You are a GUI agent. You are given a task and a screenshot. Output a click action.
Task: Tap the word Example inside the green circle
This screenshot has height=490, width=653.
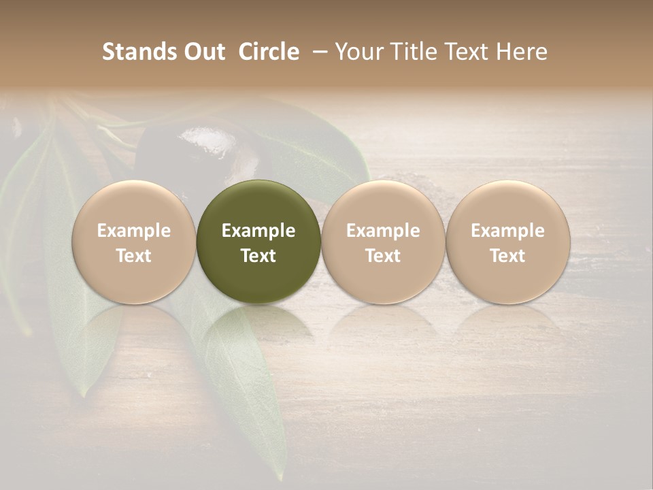[258, 231]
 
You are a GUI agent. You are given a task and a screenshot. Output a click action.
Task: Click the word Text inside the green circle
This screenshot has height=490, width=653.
[258, 256]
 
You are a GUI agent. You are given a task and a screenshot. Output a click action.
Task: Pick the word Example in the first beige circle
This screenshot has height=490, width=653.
[134, 231]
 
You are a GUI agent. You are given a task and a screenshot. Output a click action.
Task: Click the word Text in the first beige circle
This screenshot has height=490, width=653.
[134, 256]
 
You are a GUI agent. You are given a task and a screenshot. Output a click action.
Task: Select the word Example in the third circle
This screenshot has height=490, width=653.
[383, 231]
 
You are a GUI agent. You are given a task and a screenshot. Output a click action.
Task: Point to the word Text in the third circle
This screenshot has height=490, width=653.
[383, 256]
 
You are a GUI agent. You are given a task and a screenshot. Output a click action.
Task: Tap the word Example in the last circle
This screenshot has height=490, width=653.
[508, 231]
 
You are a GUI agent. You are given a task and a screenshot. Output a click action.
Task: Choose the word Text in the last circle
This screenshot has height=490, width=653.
[508, 256]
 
